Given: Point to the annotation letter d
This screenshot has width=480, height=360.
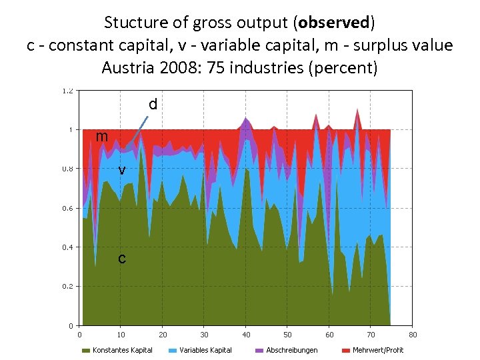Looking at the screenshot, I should pyautogui.click(x=153, y=105).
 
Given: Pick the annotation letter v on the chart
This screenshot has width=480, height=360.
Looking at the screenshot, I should pyautogui.click(x=122, y=170).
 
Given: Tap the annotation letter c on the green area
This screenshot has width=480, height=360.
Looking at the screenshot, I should pyautogui.click(x=121, y=258).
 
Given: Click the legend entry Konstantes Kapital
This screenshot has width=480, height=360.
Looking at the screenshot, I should pyautogui.click(x=122, y=350).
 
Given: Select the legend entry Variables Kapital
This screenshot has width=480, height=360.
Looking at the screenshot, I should pyautogui.click(x=205, y=350).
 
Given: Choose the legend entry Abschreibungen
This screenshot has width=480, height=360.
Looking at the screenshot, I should pyautogui.click(x=291, y=350).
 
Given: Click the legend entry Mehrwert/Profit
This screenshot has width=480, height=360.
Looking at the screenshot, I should pyautogui.click(x=377, y=350).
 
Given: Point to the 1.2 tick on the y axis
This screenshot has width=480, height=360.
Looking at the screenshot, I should pyautogui.click(x=68, y=91).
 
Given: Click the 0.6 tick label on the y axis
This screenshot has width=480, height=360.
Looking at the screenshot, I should pyautogui.click(x=68, y=208).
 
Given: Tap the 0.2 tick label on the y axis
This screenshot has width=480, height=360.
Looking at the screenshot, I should pyautogui.click(x=68, y=287).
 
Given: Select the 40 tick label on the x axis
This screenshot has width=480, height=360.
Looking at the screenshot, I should pyautogui.click(x=246, y=334).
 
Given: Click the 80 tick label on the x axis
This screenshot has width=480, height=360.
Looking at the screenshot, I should pyautogui.click(x=413, y=334).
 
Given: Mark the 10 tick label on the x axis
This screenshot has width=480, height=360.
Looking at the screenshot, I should pyautogui.click(x=121, y=334).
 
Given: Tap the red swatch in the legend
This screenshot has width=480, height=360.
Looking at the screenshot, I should pyautogui.click(x=345, y=350).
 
